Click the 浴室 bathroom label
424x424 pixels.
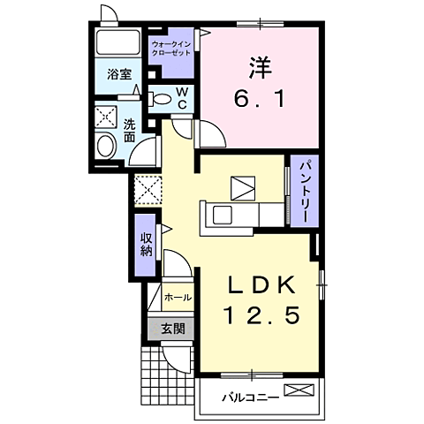[x=119, y=74]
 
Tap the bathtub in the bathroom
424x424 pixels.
[x=118, y=42]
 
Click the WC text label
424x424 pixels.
[x=183, y=99]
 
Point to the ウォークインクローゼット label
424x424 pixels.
[x=171, y=49]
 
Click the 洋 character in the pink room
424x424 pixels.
[x=260, y=67]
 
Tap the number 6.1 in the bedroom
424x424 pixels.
[x=260, y=99]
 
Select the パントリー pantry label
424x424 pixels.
[x=305, y=192]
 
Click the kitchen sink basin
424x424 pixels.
[x=223, y=215]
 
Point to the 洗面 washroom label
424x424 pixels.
[x=129, y=131]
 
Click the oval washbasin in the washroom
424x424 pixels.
[x=106, y=146]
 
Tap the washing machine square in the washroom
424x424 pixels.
[x=106, y=116]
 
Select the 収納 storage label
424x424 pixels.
[x=146, y=244]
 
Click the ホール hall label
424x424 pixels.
[x=178, y=298]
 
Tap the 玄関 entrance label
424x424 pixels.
[x=173, y=329]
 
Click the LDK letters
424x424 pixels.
[x=261, y=285]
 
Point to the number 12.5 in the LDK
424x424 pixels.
[x=262, y=314]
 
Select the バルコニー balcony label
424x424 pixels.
[x=250, y=398]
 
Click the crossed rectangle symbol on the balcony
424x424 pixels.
[x=299, y=390]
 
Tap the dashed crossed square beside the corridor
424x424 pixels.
[x=148, y=190]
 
